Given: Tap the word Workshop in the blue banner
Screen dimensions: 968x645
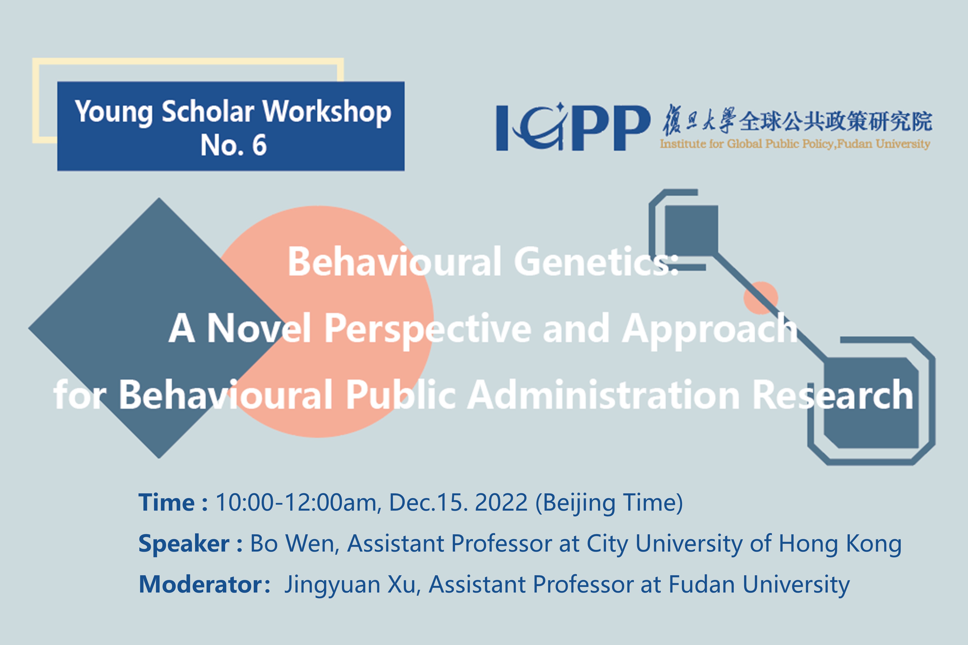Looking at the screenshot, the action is [327, 112].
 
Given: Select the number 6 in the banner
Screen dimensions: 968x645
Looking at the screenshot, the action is [259, 145].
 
